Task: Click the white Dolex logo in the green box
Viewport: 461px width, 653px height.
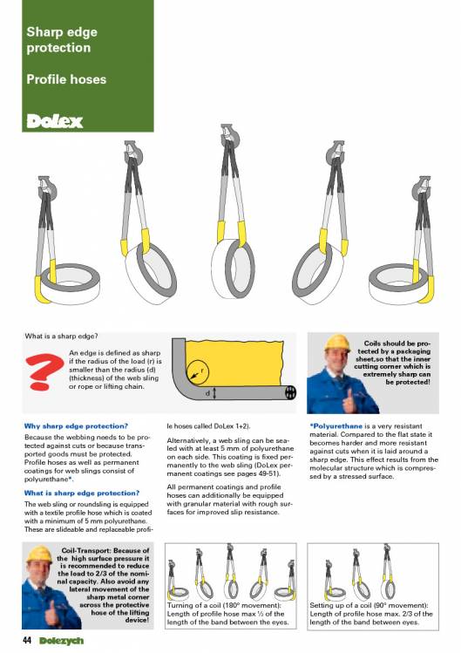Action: click(55, 121)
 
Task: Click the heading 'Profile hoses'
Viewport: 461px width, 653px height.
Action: click(66, 79)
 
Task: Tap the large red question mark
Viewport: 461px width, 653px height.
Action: click(44, 371)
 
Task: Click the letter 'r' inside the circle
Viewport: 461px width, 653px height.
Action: click(202, 369)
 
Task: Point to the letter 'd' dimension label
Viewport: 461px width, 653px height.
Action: click(207, 392)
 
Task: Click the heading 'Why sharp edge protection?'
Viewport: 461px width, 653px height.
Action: click(76, 426)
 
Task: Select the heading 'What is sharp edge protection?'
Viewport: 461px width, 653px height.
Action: click(82, 493)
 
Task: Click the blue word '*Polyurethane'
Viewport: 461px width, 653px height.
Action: click(336, 426)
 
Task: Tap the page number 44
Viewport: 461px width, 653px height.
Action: click(28, 640)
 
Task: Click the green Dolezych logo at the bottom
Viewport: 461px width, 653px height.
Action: click(62, 641)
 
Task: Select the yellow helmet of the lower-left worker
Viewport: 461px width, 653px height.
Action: click(39, 554)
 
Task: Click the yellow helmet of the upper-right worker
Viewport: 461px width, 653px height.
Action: click(337, 343)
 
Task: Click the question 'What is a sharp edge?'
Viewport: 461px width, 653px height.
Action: click(61, 336)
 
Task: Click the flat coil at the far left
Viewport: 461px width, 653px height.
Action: click(69, 283)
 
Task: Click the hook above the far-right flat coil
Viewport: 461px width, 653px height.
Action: click(422, 187)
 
